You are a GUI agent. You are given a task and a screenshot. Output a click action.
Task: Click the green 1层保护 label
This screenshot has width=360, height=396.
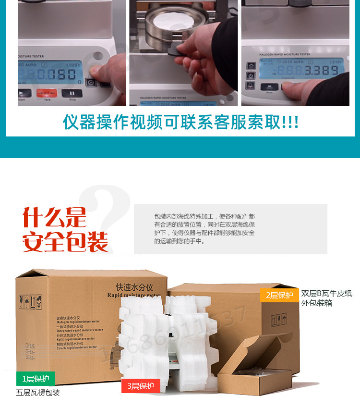[36, 378]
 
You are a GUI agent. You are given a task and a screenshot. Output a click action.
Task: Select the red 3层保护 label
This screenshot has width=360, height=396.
[141, 386]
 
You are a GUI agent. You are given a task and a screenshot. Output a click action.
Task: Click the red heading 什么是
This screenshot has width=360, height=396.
[54, 217]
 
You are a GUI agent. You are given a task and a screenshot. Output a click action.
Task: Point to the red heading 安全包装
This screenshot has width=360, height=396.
[65, 242]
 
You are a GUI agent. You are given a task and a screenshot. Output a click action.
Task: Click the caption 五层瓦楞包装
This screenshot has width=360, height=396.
[38, 393]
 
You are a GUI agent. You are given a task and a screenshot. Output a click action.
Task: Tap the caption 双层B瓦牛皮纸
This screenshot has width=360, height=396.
[326, 294]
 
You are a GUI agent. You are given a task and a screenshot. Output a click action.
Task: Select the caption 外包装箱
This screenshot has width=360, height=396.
[316, 303]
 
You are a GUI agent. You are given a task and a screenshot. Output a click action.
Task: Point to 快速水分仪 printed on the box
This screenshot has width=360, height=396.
[134, 287]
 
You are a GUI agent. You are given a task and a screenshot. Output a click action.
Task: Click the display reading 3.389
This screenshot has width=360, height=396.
[321, 71]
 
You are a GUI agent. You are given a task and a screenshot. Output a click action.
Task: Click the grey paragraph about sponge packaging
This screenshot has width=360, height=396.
[204, 229]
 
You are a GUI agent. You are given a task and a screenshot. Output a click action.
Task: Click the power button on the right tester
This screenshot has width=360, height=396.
[250, 76]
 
